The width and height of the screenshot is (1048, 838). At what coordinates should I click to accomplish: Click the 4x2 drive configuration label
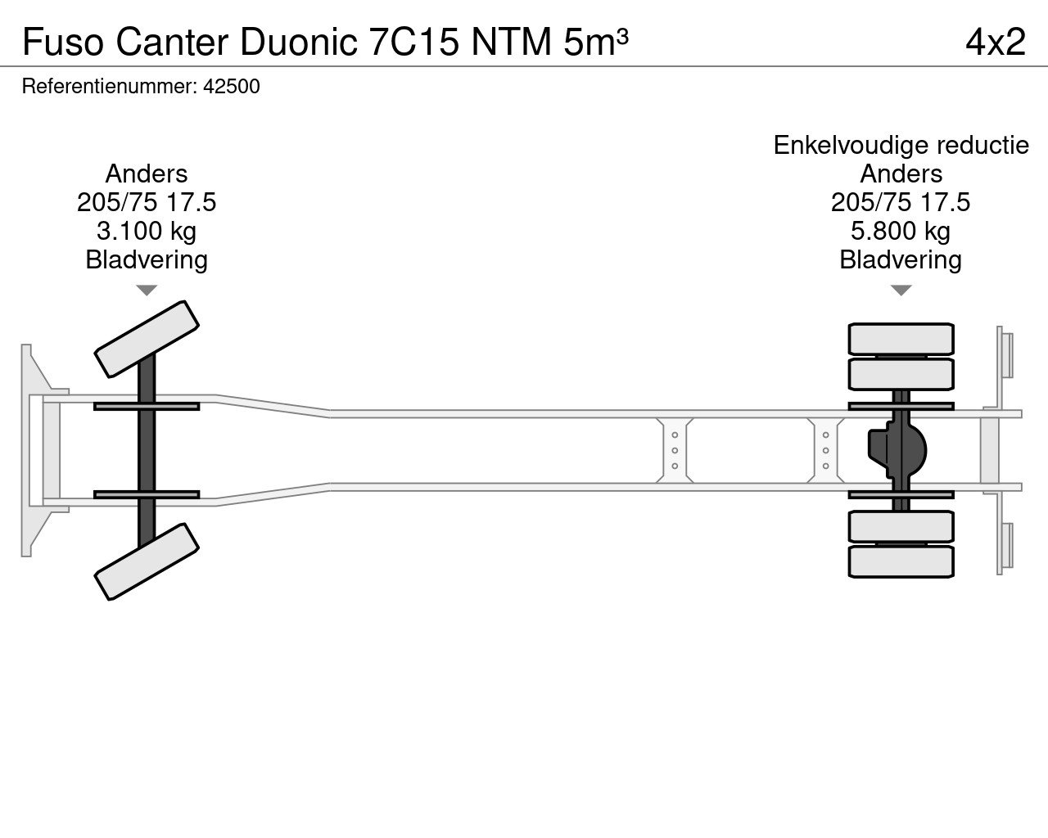[996, 42]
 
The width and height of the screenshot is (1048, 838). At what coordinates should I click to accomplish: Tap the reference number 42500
[232, 86]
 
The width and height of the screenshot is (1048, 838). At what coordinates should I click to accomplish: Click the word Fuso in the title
[63, 42]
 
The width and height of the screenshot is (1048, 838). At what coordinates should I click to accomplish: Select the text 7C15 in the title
[414, 42]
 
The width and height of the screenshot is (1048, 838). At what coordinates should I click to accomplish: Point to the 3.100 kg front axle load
[146, 231]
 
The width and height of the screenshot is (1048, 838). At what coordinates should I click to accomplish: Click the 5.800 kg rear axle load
[901, 231]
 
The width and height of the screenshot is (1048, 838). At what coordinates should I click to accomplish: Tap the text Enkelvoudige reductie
[901, 145]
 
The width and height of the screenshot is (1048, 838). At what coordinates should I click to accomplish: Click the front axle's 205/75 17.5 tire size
[146, 202]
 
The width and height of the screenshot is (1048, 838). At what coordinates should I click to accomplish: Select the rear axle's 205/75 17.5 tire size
[901, 202]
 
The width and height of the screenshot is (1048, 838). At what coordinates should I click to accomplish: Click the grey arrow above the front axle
[147, 290]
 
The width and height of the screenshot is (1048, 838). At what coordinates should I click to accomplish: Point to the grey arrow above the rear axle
[901, 290]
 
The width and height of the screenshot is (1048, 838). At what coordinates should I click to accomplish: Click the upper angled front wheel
[147, 339]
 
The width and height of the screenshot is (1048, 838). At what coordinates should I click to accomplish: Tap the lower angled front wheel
[147, 561]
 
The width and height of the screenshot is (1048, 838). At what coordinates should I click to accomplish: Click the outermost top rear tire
[901, 339]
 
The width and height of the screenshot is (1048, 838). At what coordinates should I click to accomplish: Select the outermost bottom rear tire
[901, 561]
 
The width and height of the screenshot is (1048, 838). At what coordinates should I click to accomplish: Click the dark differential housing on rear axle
[897, 450]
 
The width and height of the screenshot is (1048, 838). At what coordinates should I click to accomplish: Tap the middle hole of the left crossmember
[675, 450]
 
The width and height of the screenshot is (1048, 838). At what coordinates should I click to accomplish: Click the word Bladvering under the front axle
[147, 259]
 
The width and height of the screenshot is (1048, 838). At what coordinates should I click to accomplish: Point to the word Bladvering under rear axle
[901, 259]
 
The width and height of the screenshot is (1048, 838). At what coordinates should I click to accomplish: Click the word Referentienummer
[109, 86]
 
